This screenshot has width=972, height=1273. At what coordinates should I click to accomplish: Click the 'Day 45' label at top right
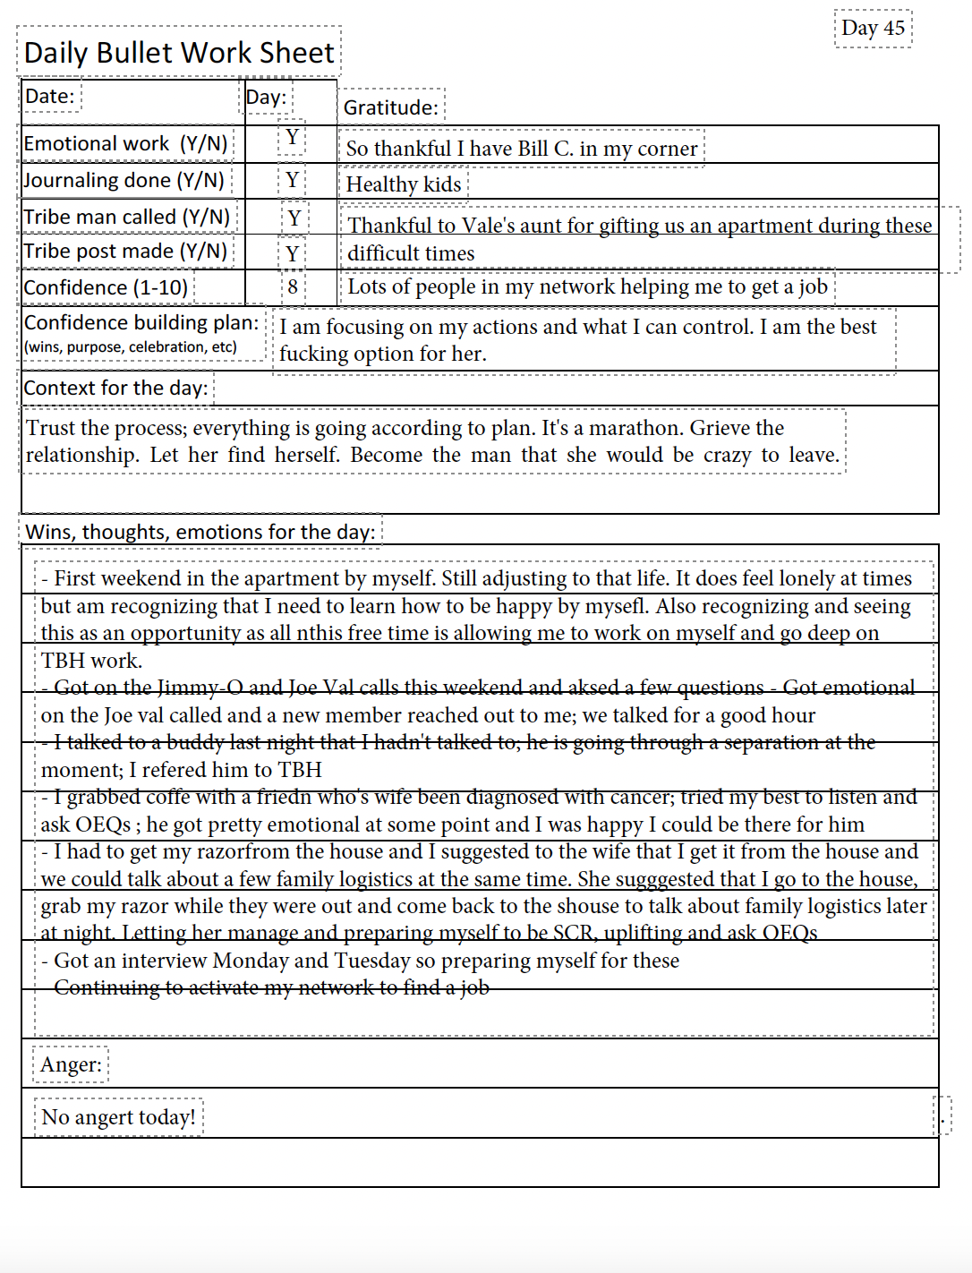click(x=873, y=29)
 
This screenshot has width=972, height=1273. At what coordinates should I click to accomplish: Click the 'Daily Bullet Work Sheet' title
click(x=179, y=53)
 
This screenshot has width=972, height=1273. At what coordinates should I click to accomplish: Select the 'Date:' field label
click(x=49, y=97)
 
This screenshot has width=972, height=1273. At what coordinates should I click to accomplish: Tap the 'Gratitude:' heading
click(x=391, y=107)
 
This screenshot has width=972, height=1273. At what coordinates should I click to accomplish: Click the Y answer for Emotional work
click(x=292, y=138)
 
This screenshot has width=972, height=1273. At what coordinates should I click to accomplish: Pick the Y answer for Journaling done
click(x=292, y=181)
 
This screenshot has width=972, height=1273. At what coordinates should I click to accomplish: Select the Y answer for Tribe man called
click(x=294, y=218)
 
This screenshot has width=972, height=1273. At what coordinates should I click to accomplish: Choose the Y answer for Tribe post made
click(x=292, y=254)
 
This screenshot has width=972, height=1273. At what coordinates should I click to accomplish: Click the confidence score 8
click(x=293, y=287)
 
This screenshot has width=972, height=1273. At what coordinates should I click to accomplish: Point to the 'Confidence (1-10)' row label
click(x=106, y=288)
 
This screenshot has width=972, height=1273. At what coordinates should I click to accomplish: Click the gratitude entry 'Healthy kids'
click(x=404, y=184)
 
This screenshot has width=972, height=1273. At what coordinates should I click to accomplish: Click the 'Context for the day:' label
click(x=115, y=389)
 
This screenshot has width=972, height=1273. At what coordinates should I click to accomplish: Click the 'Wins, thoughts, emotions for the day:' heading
click(x=200, y=533)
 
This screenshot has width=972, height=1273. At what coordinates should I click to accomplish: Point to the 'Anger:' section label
click(x=71, y=1064)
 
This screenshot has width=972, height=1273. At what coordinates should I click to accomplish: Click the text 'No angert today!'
click(x=118, y=1117)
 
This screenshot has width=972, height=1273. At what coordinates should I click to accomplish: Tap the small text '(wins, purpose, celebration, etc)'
click(x=131, y=347)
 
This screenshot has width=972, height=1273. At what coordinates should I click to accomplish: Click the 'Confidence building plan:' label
click(x=141, y=322)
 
